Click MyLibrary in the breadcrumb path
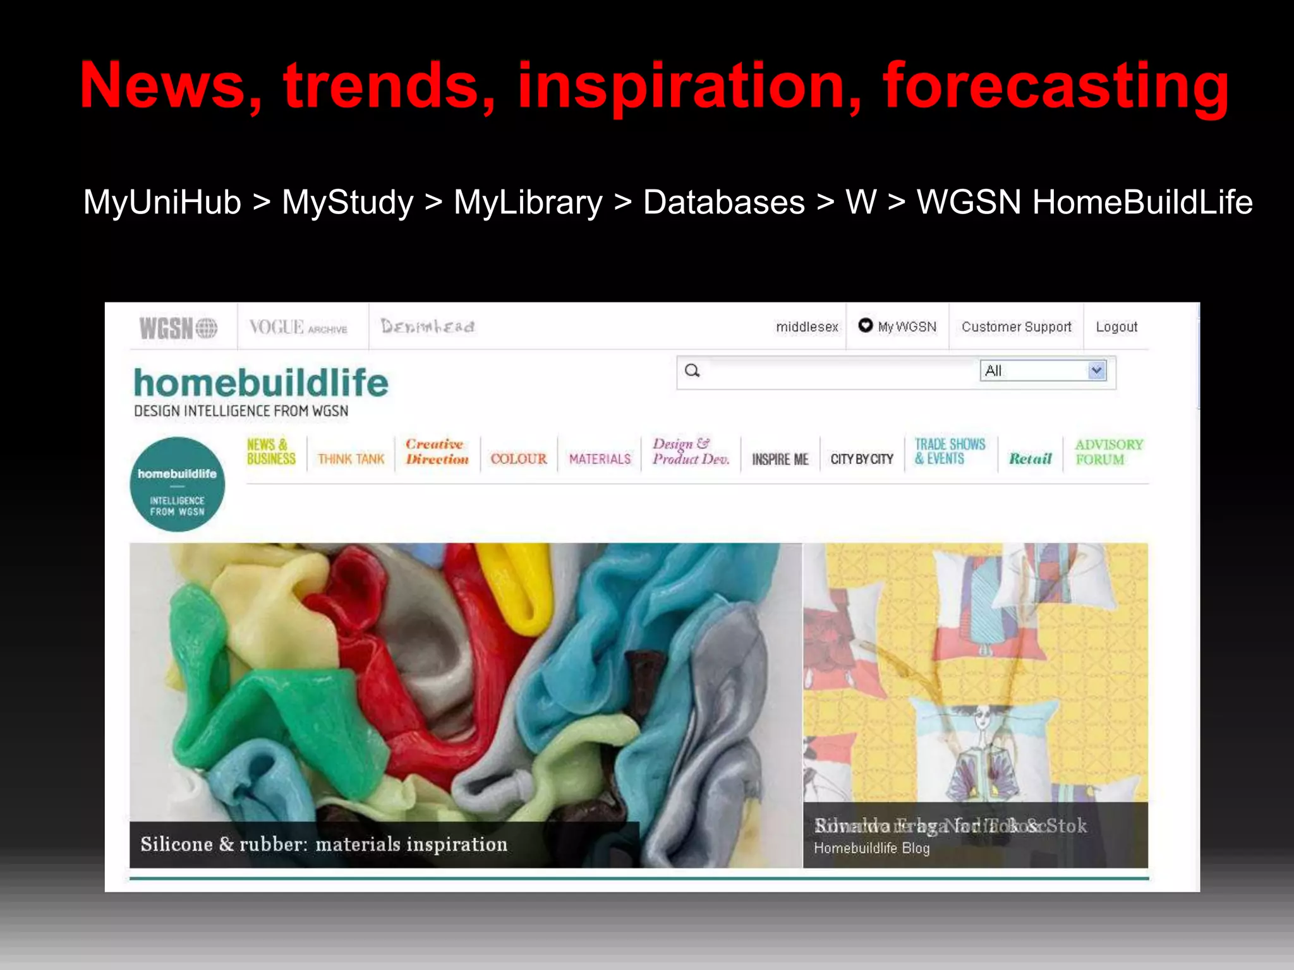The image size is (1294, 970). pyautogui.click(x=528, y=203)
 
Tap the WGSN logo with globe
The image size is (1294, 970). pyautogui.click(x=178, y=328)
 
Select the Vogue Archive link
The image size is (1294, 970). pyautogui.click(x=298, y=327)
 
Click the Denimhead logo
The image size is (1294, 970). pyautogui.click(x=428, y=326)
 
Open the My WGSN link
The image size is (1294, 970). pyautogui.click(x=898, y=326)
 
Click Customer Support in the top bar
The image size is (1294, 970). pyautogui.click(x=1016, y=326)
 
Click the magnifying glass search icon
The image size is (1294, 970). pyautogui.click(x=692, y=371)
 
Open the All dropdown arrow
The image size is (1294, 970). pyautogui.click(x=1096, y=371)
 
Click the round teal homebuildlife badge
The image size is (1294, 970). pyautogui.click(x=178, y=484)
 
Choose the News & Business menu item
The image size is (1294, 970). pyautogui.click(x=271, y=452)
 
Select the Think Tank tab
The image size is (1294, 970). pyautogui.click(x=351, y=459)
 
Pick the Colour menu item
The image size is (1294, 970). pyautogui.click(x=519, y=459)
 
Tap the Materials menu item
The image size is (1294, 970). pyautogui.click(x=600, y=459)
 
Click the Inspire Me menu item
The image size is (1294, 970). pyautogui.click(x=780, y=459)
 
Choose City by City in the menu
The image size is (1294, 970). pyautogui.click(x=862, y=459)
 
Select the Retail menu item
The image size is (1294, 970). pyautogui.click(x=1030, y=459)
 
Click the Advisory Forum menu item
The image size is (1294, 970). pyautogui.click(x=1109, y=452)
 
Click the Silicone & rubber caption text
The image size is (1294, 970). pyautogui.click(x=323, y=844)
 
